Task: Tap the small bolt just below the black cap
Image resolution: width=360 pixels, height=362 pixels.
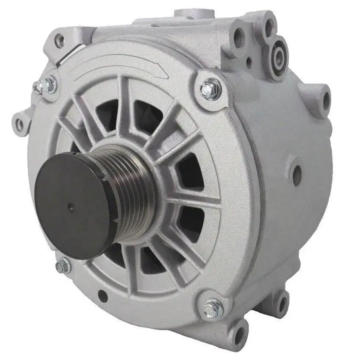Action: click(x=63, y=266)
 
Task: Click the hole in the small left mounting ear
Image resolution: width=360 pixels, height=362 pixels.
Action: click(x=19, y=124)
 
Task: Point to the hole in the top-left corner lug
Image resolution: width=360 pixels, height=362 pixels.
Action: click(x=60, y=41)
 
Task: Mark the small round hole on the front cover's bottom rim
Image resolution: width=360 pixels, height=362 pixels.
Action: click(x=102, y=296)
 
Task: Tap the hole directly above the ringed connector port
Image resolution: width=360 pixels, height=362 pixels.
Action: click(x=269, y=26)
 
